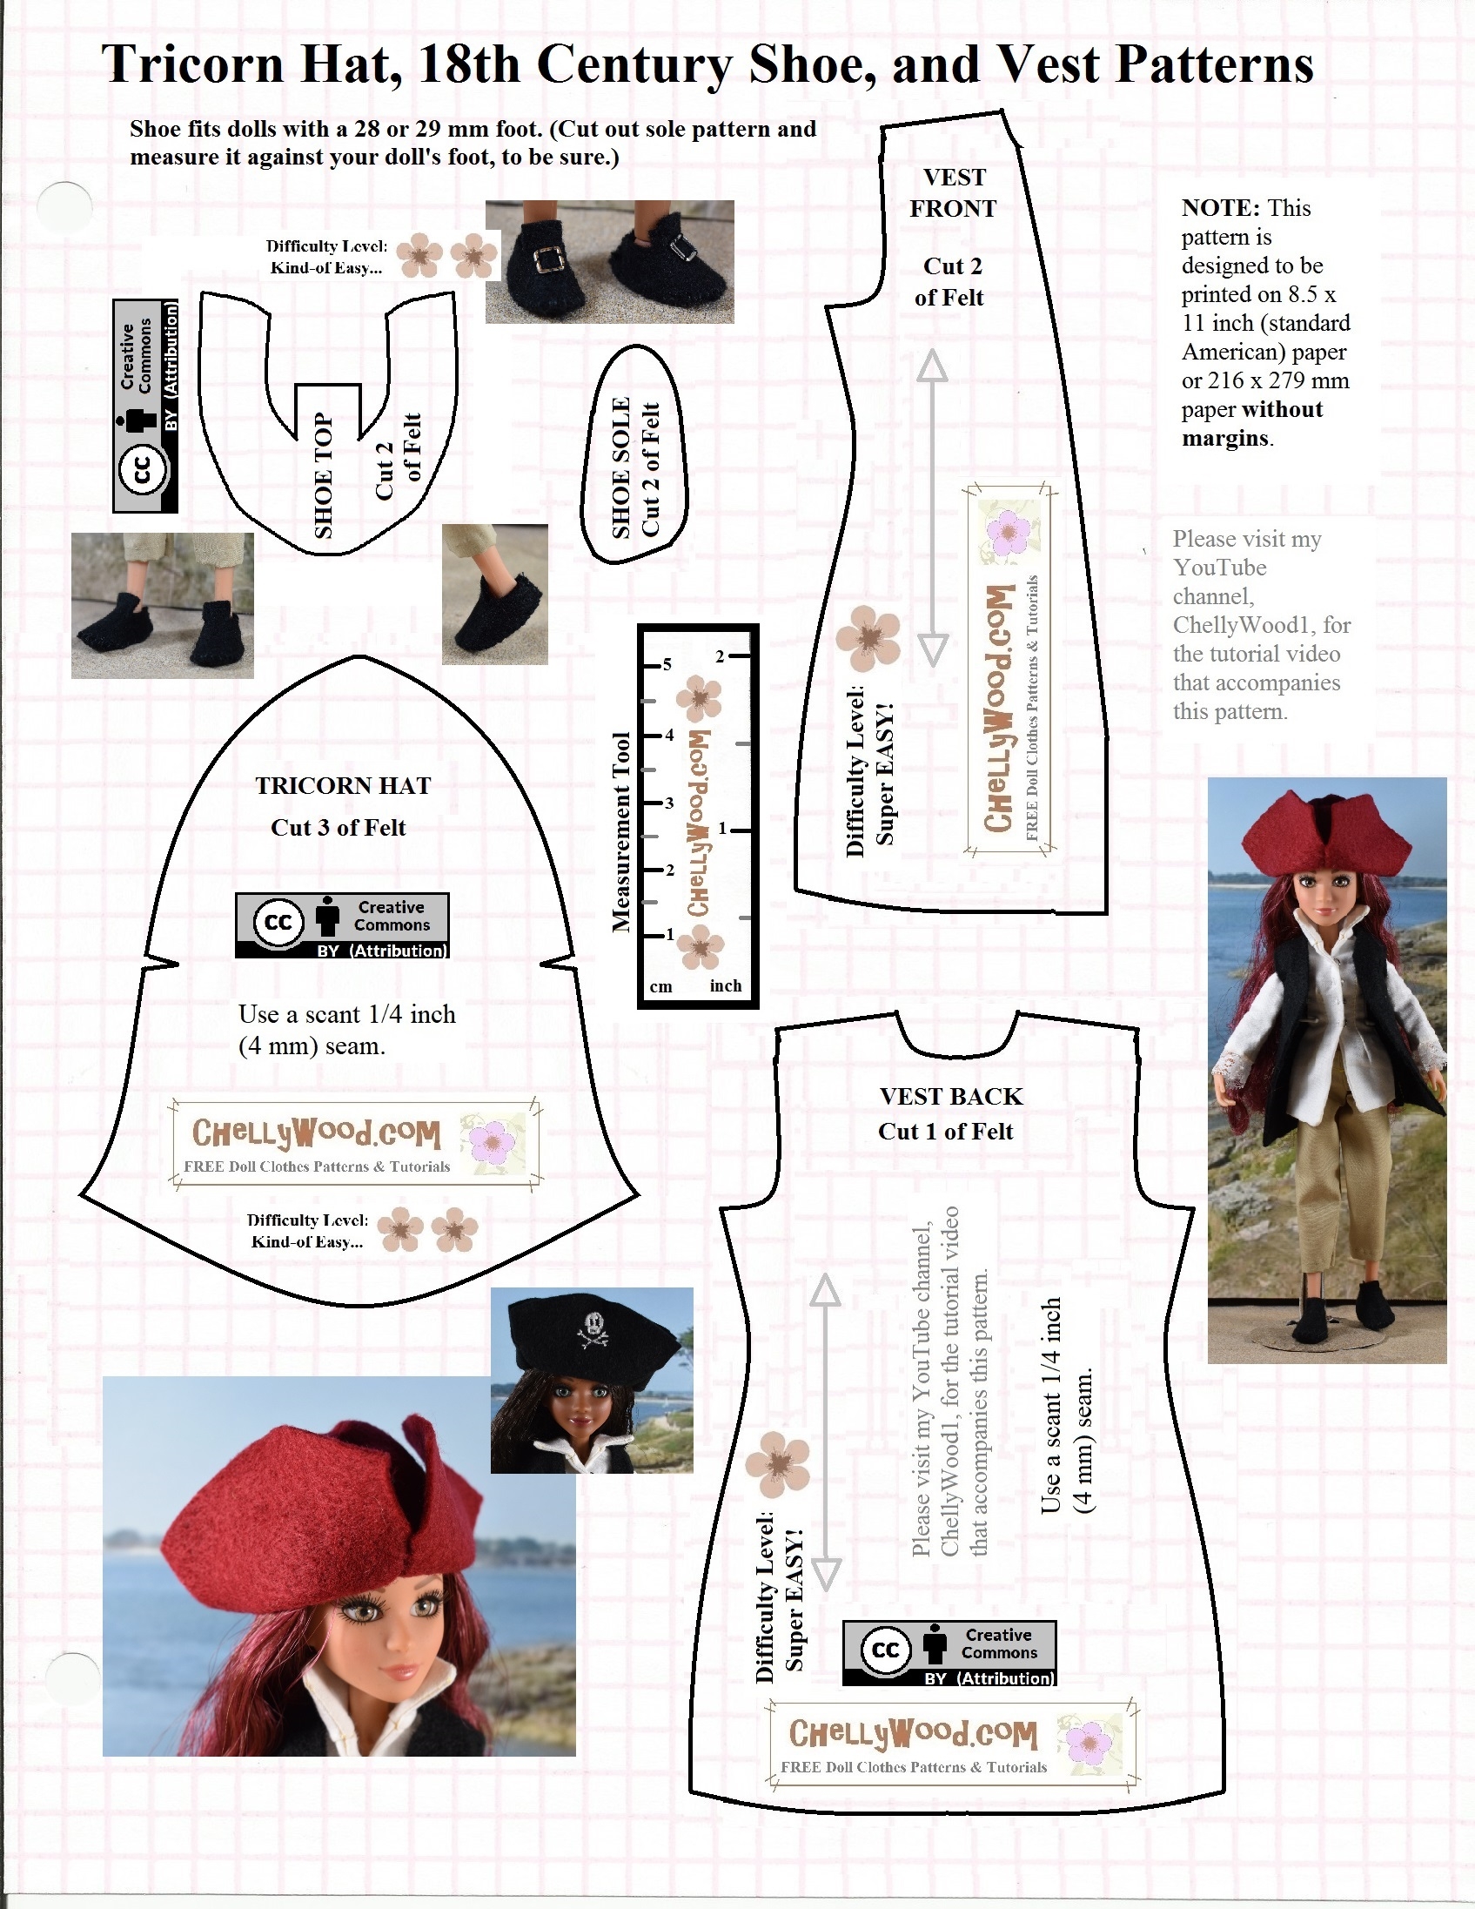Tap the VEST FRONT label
pos(954,193)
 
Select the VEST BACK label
pos(951,1096)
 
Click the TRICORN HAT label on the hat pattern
pos(343,786)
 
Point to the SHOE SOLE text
pos(621,467)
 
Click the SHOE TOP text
pos(324,474)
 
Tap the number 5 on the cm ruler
pos(667,664)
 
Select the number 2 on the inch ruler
pos(720,655)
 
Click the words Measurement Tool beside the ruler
pos(621,832)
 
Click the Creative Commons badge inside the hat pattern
pos(343,925)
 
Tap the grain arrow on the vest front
pos(932,507)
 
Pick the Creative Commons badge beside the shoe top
pos(146,406)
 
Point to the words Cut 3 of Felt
pos(339,828)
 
